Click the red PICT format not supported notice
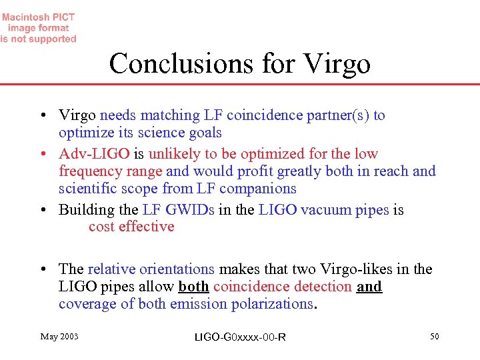pos(39,28)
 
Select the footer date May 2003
pos(59,337)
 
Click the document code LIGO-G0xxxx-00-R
pos(240,337)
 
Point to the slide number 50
pos(434,337)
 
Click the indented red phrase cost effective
pos(131,227)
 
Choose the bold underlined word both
pos(194,287)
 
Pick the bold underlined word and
pos(369,287)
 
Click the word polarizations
pos(269,304)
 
